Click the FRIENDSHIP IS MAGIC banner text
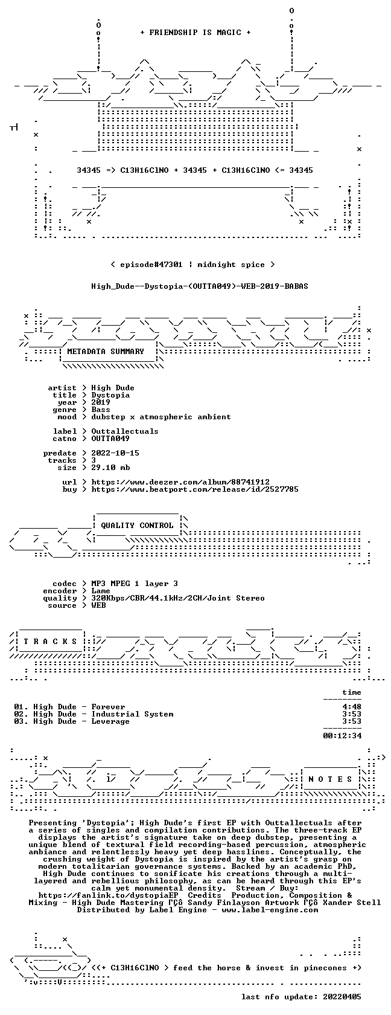tap(195, 33)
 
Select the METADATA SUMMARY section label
tap(106, 352)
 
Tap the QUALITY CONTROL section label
tap(137, 526)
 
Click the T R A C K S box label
tap(50, 642)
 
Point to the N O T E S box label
tap(331, 779)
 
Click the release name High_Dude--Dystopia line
tap(200, 286)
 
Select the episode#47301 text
tap(151, 265)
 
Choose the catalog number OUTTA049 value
tap(110, 439)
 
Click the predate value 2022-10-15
tap(115, 453)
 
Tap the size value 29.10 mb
tap(110, 468)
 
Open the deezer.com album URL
tap(180, 482)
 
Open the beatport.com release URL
tap(195, 489)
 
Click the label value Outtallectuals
tap(125, 431)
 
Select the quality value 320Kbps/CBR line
tap(178, 598)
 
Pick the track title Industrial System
tap(132, 714)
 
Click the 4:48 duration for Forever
tap(352, 707)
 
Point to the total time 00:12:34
tap(342, 736)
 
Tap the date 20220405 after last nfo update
tap(342, 997)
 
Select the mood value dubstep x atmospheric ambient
tap(161, 417)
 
